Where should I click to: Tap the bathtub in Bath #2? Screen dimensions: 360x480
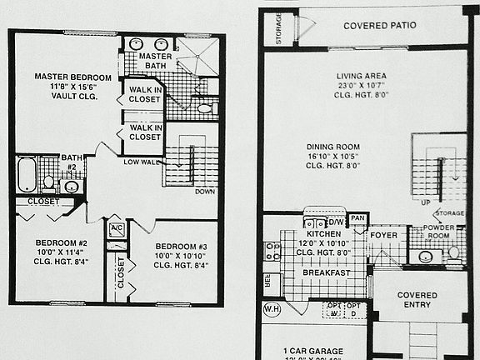click(x=27, y=176)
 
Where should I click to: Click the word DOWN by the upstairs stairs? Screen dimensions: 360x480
click(x=204, y=191)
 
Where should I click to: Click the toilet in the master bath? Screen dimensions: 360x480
click(x=205, y=108)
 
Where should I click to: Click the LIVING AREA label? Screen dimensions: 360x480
click(x=361, y=76)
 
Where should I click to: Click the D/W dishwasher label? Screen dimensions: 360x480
click(x=337, y=222)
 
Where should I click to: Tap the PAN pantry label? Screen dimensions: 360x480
click(x=358, y=218)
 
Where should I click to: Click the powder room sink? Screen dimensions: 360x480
click(x=425, y=257)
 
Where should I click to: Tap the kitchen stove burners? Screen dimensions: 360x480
click(x=272, y=251)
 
